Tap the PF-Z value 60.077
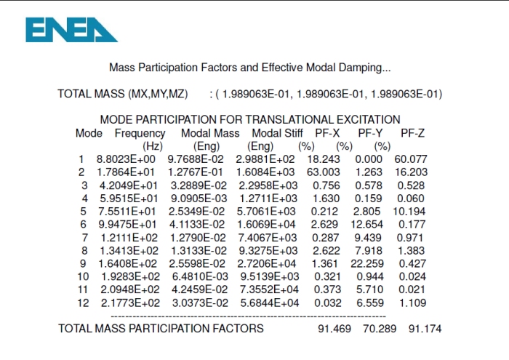point(411,159)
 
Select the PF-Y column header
point(371,133)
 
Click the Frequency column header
point(140,133)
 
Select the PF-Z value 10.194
point(411,211)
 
